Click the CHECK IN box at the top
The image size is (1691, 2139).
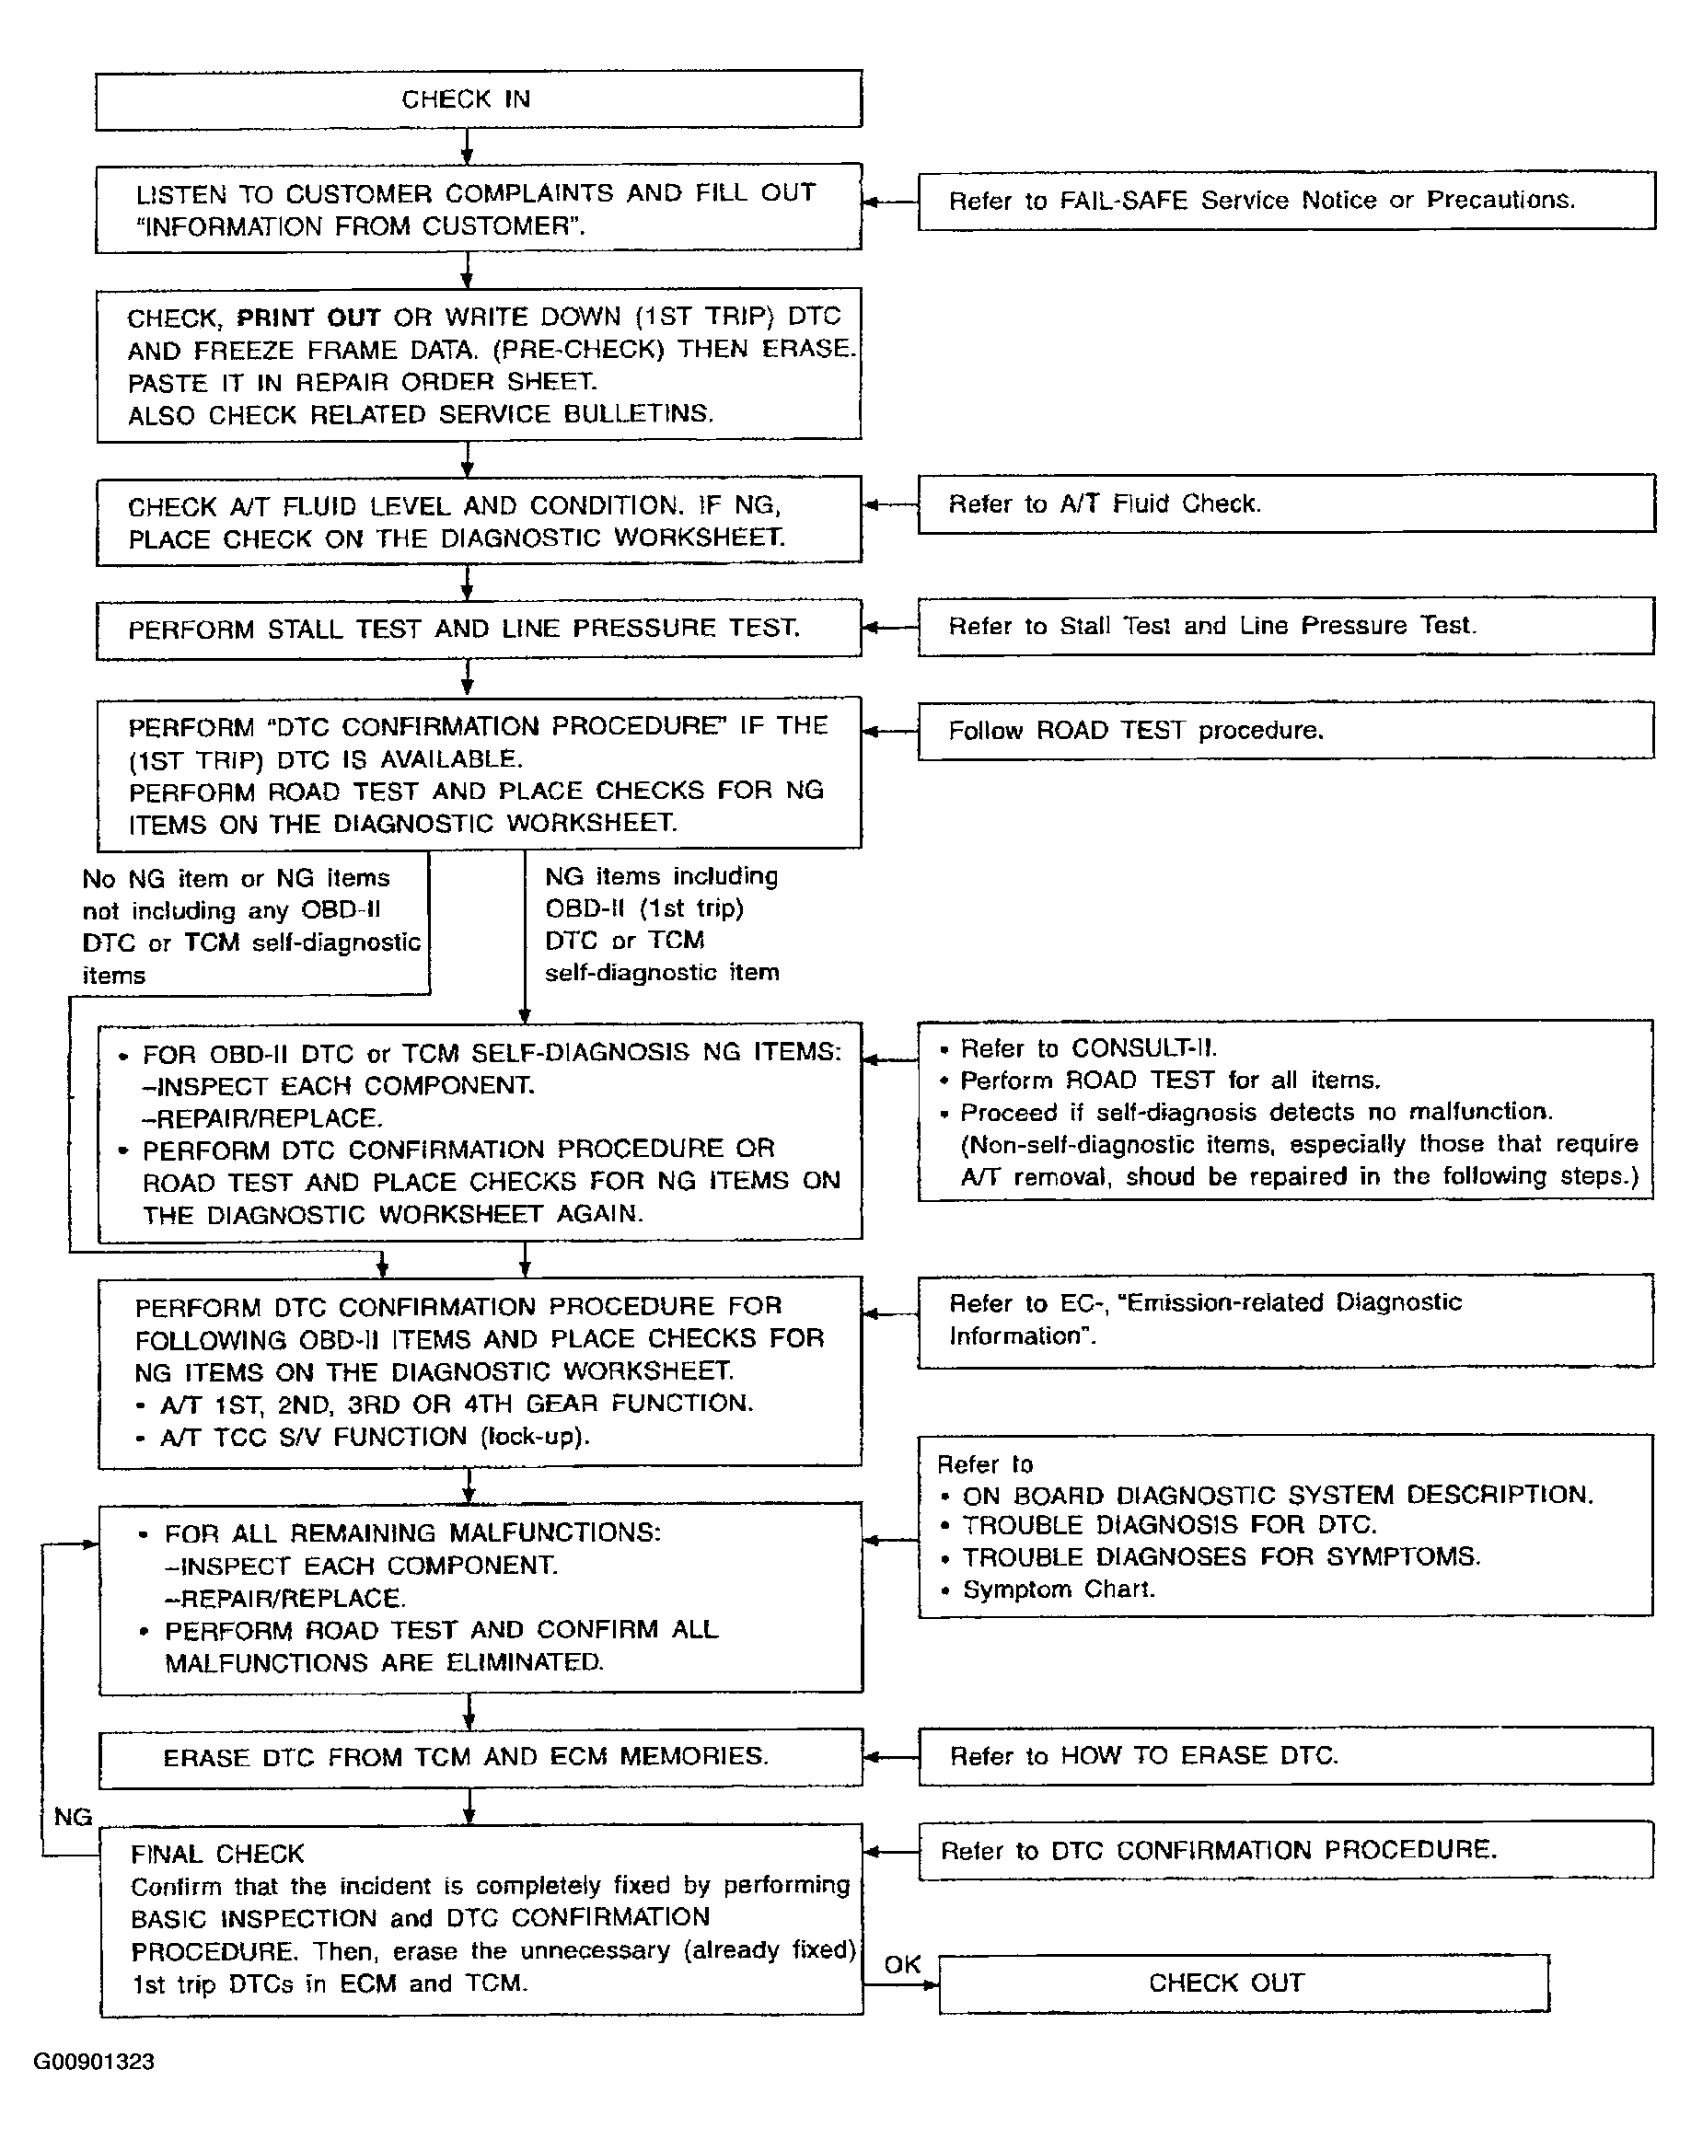pyautogui.click(x=478, y=99)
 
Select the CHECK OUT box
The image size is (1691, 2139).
pyautogui.click(x=1243, y=1983)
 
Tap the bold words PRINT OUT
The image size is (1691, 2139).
pyautogui.click(x=309, y=318)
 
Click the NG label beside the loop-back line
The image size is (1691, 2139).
pyautogui.click(x=73, y=1816)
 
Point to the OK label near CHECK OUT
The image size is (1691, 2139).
pyautogui.click(x=902, y=1964)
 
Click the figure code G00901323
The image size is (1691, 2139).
pyautogui.click(x=94, y=2062)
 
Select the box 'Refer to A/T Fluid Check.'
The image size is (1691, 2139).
pyautogui.click(x=1285, y=503)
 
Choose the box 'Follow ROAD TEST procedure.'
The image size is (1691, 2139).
pyautogui.click(x=1285, y=731)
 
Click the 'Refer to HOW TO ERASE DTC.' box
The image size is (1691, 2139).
pyautogui.click(x=1285, y=1756)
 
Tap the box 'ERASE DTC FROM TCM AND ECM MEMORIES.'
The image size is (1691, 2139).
pyautogui.click(x=481, y=1757)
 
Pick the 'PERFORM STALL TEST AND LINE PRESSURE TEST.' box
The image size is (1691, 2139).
pyautogui.click(x=478, y=629)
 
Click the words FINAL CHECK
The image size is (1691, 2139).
pyautogui.click(x=218, y=1854)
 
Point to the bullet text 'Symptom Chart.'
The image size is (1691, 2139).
pyautogui.click(x=1059, y=1590)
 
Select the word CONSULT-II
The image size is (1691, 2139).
pyautogui.click(x=1144, y=1048)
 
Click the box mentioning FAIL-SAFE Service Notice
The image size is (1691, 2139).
pyautogui.click(x=1285, y=201)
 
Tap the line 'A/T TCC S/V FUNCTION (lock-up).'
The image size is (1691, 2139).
pyautogui.click(x=376, y=1436)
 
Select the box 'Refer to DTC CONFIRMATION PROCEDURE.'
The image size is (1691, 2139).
pyautogui.click(x=1285, y=1850)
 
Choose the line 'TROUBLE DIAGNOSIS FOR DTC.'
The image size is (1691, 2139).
pyautogui.click(x=1169, y=1525)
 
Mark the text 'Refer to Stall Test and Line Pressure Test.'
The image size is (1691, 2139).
pyautogui.click(x=1211, y=626)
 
